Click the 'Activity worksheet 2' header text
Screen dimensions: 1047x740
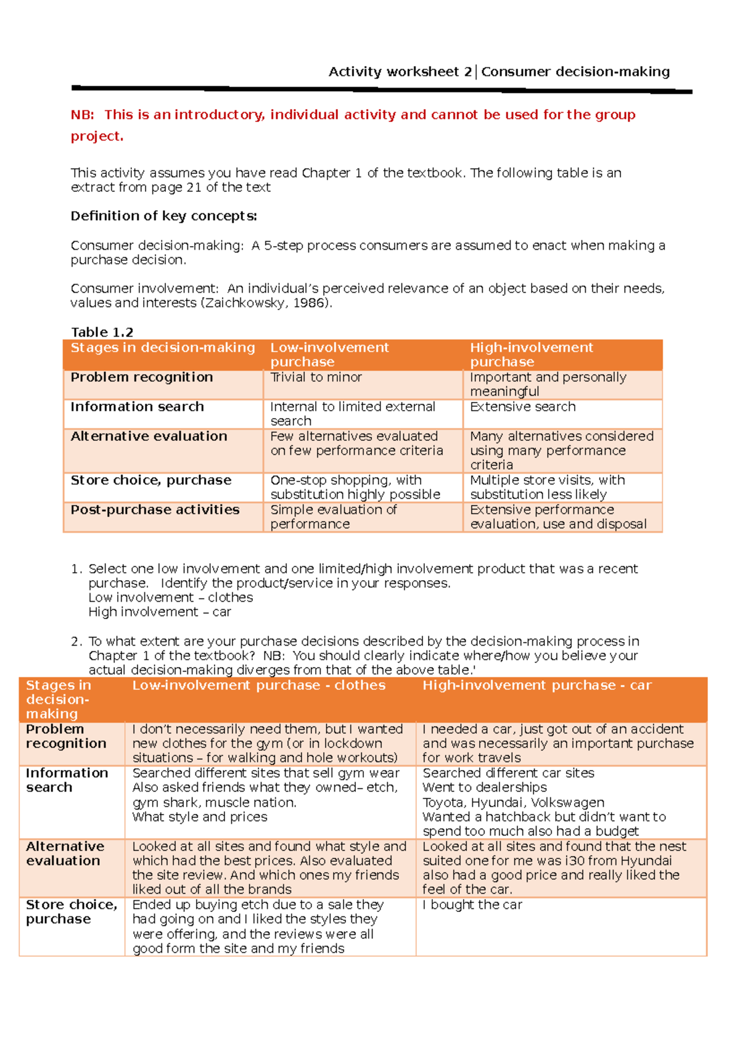400,72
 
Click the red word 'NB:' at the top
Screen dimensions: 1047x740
82,115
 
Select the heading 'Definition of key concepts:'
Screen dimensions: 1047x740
163,216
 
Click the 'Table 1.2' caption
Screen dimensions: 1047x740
102,332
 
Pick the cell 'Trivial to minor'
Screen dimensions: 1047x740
316,377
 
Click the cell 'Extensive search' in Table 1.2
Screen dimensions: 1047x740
522,407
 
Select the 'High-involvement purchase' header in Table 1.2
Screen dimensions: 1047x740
531,355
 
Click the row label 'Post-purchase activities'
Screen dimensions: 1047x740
155,510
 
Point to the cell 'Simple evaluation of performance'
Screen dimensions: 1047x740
333,517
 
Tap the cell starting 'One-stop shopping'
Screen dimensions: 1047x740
355,487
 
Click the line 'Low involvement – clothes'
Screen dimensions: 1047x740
170,597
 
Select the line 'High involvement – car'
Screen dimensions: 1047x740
159,612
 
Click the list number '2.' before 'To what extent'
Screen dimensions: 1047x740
76,641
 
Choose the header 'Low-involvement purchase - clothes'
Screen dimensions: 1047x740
258,685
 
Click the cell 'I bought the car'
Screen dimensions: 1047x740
472,905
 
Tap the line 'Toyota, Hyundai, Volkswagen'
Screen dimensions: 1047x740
513,802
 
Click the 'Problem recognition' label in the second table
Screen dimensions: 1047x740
66,736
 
